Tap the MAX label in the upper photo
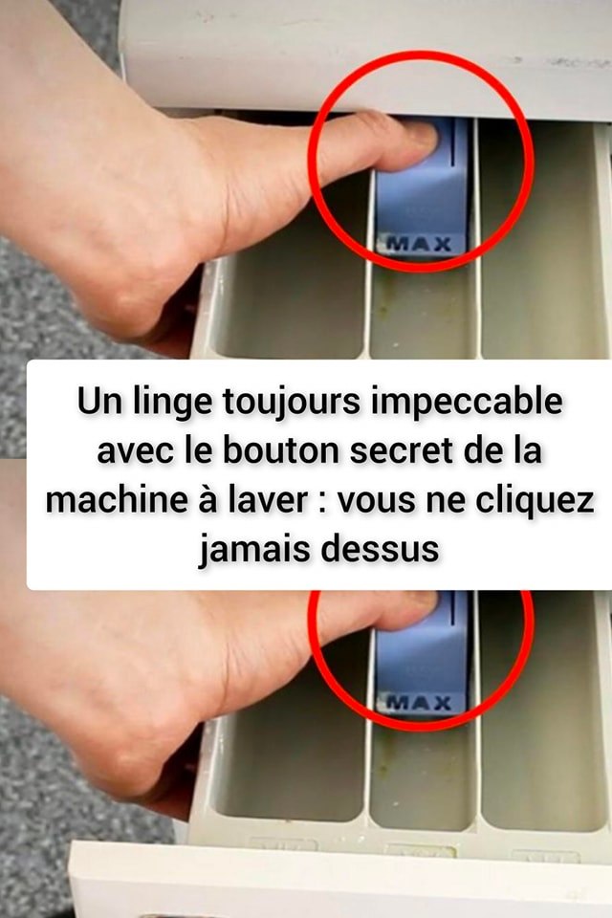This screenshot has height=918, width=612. pyautogui.click(x=420, y=244)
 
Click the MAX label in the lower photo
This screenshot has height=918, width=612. pyautogui.click(x=420, y=701)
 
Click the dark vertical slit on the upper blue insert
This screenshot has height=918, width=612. pyautogui.click(x=452, y=142)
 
